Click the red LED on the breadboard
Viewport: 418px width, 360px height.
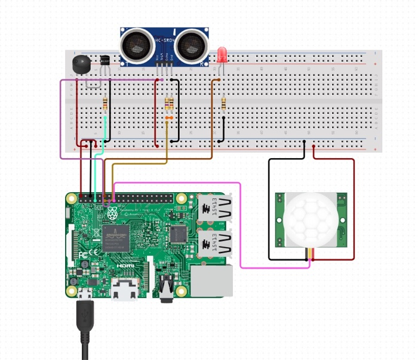(x=222, y=56)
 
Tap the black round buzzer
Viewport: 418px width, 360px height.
(x=79, y=63)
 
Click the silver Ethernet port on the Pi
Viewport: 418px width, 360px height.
(x=211, y=281)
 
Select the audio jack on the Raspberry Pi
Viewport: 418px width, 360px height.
(x=165, y=287)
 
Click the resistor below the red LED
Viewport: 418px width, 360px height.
(x=223, y=104)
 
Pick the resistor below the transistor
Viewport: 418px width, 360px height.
(x=106, y=104)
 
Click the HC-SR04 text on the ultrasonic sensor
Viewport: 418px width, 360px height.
(x=164, y=41)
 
